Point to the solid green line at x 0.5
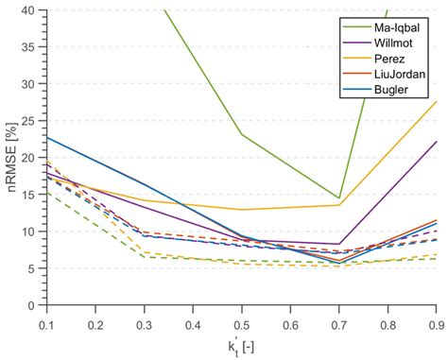coord(242,134)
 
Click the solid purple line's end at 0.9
coord(435,142)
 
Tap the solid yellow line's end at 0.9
coord(435,101)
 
